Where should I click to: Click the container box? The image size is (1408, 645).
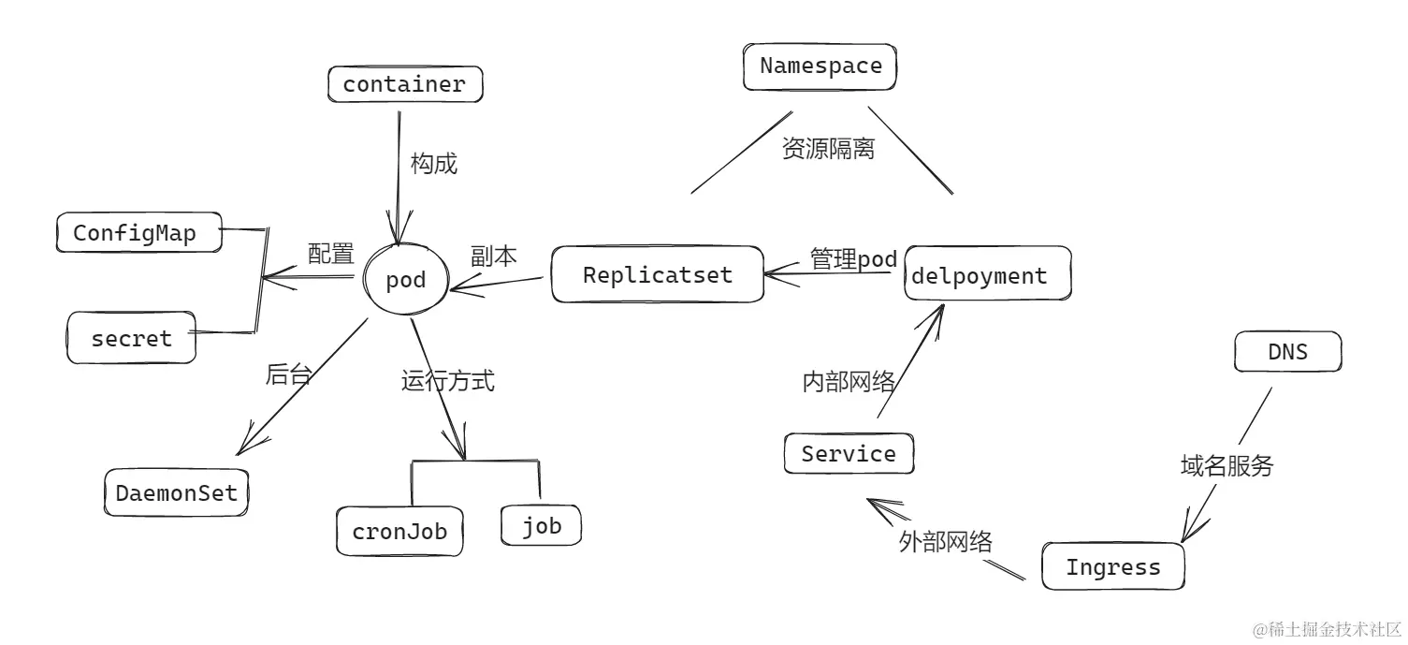(x=405, y=84)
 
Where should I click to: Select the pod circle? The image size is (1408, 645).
(x=405, y=279)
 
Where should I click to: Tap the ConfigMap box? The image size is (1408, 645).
(x=138, y=232)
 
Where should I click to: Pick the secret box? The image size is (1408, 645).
(x=132, y=338)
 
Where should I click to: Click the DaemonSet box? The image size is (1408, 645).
(x=177, y=492)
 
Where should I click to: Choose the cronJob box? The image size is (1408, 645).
(x=399, y=531)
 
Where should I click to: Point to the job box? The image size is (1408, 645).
(x=541, y=525)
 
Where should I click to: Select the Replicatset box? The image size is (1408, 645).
(x=657, y=274)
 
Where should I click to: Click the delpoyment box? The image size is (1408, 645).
(x=987, y=274)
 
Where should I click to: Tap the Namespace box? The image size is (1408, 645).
(x=820, y=66)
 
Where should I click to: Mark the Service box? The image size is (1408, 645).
(x=849, y=454)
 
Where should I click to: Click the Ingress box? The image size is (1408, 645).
(x=1112, y=566)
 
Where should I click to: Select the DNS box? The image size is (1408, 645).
(x=1287, y=352)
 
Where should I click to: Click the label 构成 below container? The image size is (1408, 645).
(x=434, y=164)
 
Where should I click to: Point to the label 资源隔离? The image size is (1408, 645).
(x=828, y=149)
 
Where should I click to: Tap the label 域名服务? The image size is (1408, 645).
(x=1227, y=465)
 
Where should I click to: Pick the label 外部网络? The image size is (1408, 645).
(x=945, y=542)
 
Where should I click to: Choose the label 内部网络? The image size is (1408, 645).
(x=849, y=382)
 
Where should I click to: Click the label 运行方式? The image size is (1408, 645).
(x=448, y=381)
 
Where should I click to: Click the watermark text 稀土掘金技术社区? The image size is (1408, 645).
(x=1328, y=628)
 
